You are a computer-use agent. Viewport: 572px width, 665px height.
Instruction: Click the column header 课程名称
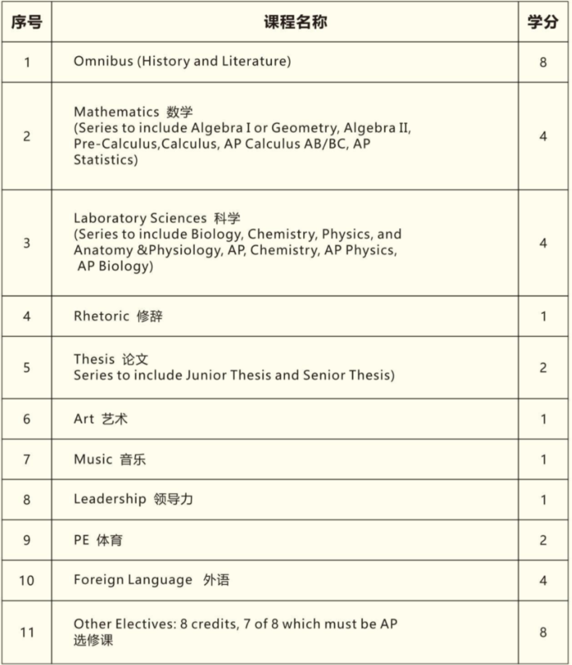(x=295, y=22)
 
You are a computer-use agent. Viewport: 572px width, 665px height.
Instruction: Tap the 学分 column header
(x=542, y=22)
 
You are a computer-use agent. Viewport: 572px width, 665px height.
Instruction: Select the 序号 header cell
(x=26, y=22)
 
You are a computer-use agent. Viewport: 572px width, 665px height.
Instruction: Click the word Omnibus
(x=103, y=61)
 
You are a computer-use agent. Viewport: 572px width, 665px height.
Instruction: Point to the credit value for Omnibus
(x=543, y=62)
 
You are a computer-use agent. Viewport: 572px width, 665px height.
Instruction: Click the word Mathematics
(x=116, y=112)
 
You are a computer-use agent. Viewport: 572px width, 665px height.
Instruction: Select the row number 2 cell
(x=26, y=136)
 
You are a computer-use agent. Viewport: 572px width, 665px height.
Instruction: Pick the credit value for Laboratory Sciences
(x=543, y=243)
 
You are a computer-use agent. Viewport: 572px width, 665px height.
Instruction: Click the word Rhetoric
(x=101, y=316)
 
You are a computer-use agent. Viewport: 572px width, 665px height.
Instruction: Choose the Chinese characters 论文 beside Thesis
(x=135, y=359)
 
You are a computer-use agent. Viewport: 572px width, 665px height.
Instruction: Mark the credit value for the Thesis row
(x=543, y=368)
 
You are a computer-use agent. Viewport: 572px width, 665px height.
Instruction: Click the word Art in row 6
(x=84, y=419)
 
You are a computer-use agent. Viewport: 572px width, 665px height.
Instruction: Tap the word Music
(x=93, y=459)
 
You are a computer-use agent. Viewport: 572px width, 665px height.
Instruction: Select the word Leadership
(x=110, y=499)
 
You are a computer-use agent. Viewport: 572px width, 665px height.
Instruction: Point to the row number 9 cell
(x=26, y=540)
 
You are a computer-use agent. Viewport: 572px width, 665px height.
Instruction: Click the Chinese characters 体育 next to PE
(x=110, y=540)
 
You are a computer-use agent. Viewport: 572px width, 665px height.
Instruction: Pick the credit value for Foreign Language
(x=543, y=580)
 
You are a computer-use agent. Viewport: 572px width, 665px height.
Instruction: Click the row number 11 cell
(x=26, y=632)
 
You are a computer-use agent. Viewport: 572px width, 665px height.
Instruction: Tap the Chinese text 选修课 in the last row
(x=93, y=641)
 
